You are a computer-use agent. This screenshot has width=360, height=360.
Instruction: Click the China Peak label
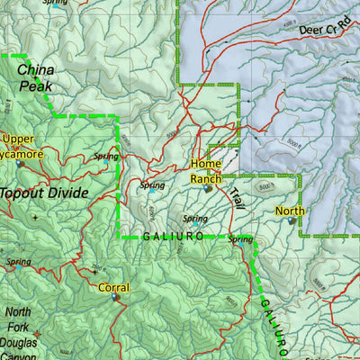pyautogui.click(x=36, y=77)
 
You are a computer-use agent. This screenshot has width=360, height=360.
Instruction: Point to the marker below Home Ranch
pyautogui.click(x=209, y=189)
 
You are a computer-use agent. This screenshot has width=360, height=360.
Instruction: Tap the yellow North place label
pyautogui.click(x=290, y=211)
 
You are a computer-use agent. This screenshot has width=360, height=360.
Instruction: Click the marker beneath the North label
pyautogui.click(x=292, y=221)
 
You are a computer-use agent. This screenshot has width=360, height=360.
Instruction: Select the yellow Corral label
pyautogui.click(x=113, y=288)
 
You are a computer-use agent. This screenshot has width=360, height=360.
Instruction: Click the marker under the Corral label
pyautogui.click(x=115, y=299)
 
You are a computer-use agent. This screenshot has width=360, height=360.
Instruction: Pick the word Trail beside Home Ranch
pyautogui.click(x=235, y=198)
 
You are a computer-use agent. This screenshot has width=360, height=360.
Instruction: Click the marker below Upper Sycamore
pyautogui.click(x=20, y=164)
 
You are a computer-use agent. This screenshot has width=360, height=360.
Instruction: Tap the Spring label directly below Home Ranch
pyautogui.click(x=195, y=219)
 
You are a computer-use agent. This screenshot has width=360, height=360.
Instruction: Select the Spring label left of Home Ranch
pyautogui.click(x=152, y=185)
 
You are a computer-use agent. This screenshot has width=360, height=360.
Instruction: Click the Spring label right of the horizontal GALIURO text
pyautogui.click(x=240, y=238)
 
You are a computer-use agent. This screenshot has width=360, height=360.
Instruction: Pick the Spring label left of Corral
pyautogui.click(x=18, y=262)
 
